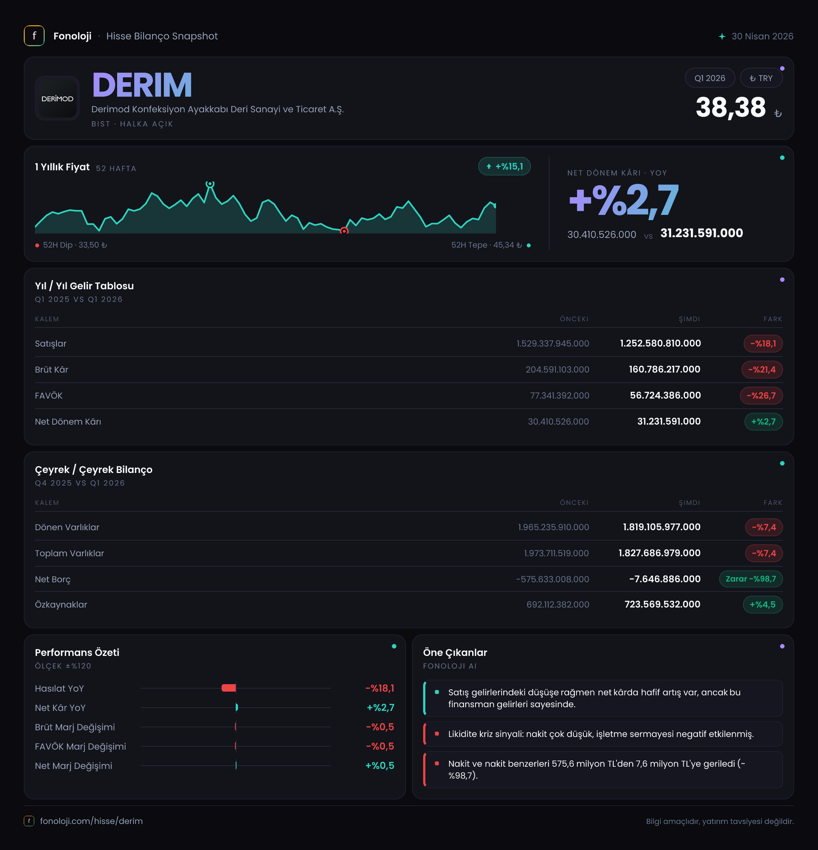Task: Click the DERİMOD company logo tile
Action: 57,99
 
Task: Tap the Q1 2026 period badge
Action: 709,78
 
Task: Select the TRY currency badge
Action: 761,78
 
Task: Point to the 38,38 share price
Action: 731,107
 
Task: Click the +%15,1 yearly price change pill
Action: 504,167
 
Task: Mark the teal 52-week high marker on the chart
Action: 210,184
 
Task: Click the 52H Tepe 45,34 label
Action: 486,245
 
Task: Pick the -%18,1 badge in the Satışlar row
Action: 763,344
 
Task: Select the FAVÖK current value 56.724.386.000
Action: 665,396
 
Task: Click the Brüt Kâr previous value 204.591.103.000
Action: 557,370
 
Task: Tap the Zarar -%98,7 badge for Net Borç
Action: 751,579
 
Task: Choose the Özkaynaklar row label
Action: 61,605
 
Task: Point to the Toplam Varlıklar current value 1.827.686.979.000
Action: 659,553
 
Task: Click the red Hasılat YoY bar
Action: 229,688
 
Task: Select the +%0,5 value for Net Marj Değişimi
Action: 380,766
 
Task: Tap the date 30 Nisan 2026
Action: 762,36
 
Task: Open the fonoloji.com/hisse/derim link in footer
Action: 91,821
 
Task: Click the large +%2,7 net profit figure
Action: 624,200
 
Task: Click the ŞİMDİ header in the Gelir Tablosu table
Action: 689,319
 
